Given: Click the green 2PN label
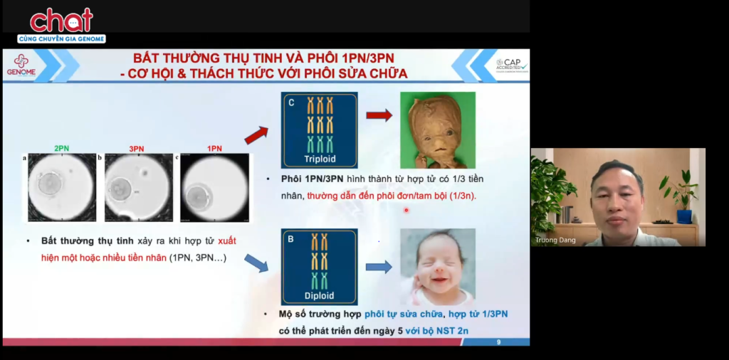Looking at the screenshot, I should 61,148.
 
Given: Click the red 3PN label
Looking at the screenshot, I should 137,148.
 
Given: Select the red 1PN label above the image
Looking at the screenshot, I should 214,148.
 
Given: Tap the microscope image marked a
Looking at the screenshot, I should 61,187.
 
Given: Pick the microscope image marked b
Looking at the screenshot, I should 138,187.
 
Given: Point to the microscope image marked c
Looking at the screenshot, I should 214,187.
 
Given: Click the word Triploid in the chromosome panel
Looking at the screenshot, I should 319,159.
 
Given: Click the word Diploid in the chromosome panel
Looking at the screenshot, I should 319,296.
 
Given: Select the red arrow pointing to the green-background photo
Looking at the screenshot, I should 379,115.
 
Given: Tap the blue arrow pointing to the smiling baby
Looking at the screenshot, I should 379,267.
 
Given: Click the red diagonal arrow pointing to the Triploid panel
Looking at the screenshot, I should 256,134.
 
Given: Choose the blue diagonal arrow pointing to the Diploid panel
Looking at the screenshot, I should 256,262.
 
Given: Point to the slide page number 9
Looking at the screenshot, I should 498,342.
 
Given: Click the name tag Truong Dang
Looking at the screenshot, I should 554,240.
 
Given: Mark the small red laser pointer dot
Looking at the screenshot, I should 406,210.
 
